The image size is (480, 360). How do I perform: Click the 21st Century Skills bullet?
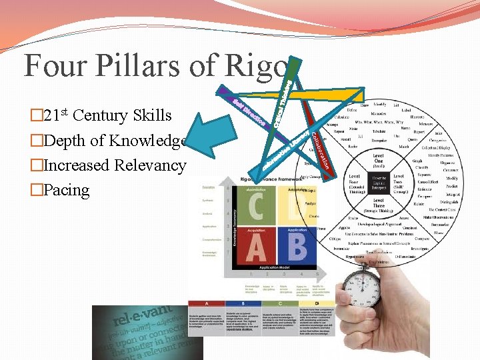coord(107,115)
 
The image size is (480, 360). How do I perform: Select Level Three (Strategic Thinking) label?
coord(379,205)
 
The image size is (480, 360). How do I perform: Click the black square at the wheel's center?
coord(378,181)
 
